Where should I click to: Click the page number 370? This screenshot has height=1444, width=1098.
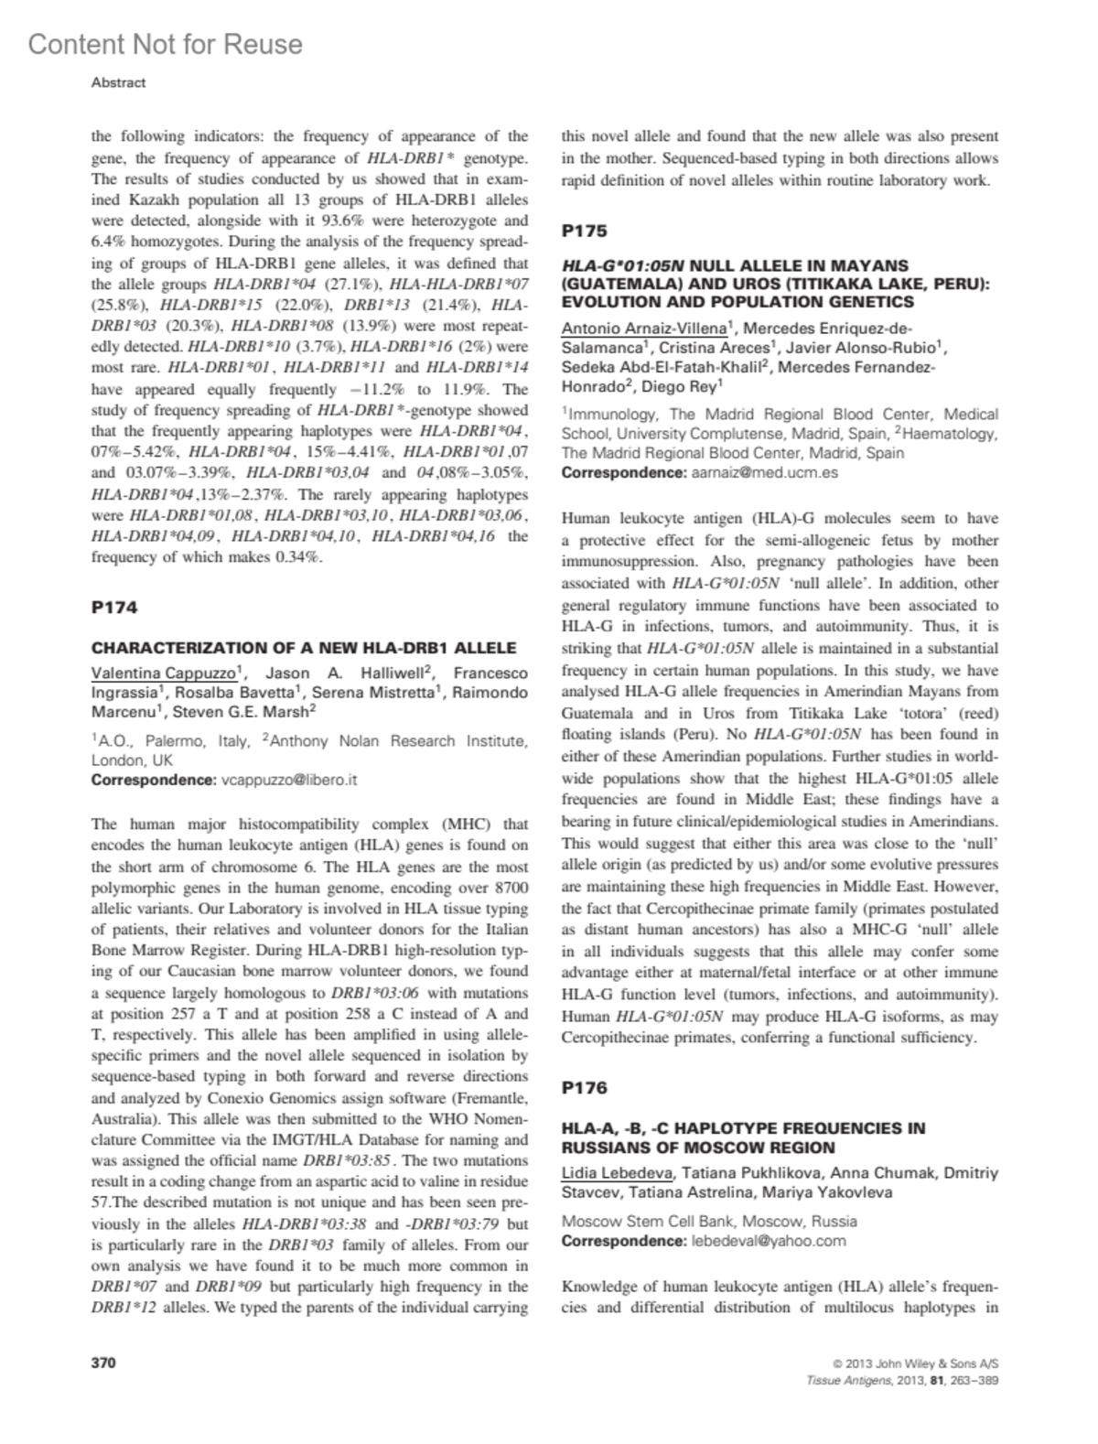103,1363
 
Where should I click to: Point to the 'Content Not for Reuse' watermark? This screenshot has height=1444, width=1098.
165,44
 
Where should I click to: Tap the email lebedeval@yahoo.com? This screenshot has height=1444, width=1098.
768,1241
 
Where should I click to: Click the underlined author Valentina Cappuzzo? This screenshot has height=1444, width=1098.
164,674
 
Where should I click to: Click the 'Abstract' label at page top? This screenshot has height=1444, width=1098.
118,82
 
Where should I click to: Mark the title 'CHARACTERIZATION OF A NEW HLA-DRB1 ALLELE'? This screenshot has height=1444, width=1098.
304,648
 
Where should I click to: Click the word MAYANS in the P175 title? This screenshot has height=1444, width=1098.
868,265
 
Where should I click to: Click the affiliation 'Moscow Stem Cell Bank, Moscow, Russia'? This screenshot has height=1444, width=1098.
709,1221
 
